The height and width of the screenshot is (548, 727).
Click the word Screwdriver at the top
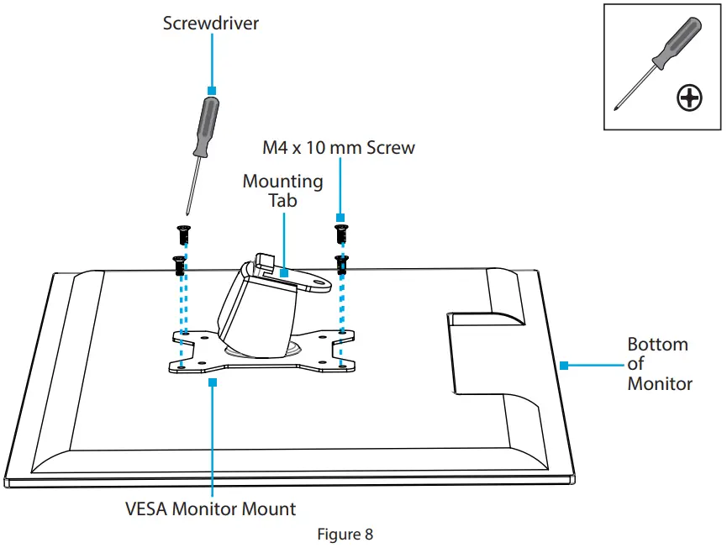(x=211, y=24)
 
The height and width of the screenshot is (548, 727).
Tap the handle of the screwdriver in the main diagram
(x=205, y=126)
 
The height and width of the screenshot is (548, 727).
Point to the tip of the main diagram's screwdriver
(x=186, y=215)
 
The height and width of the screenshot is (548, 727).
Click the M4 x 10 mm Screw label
(x=339, y=148)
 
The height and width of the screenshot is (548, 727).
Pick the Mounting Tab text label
(x=282, y=191)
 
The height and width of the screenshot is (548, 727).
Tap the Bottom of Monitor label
(x=659, y=364)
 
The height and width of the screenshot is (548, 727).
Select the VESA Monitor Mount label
(x=210, y=508)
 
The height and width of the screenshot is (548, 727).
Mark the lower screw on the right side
(x=340, y=264)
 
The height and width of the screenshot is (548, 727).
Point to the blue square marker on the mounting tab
(x=283, y=272)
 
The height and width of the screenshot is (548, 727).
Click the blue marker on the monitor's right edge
(x=565, y=366)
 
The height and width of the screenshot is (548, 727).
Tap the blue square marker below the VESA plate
(x=212, y=381)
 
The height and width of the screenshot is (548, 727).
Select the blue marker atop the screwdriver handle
(x=212, y=89)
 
